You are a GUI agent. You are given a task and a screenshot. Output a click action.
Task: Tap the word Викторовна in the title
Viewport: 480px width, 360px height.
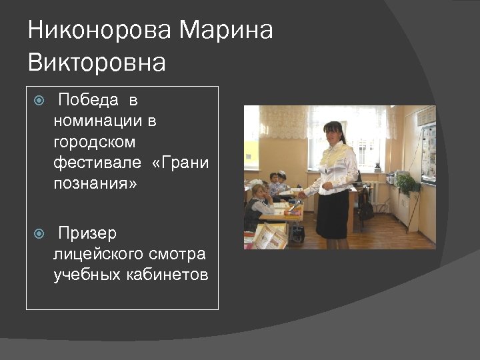[97, 63]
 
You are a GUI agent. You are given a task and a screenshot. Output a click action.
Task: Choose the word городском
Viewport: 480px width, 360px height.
[95, 142]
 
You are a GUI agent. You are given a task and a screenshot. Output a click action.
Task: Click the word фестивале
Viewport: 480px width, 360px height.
[97, 163]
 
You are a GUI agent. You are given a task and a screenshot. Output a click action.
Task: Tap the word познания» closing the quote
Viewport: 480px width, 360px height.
[95, 183]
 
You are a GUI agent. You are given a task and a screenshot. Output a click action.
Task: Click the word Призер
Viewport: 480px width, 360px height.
[87, 234]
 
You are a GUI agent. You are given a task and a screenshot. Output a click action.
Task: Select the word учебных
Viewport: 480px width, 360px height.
[85, 275]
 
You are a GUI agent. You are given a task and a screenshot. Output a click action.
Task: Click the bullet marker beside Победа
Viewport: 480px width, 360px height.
[39, 101]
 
